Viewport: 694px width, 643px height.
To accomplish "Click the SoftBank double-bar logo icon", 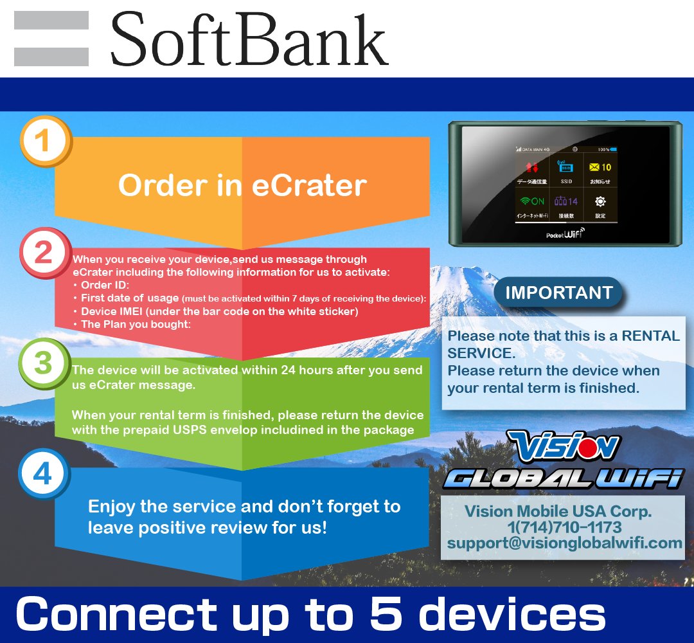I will tap(51, 39).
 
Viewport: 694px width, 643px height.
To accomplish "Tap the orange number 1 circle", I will tap(42, 141).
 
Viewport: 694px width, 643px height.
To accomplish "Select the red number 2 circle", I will tap(43, 252).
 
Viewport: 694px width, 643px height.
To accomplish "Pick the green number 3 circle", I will tap(42, 363).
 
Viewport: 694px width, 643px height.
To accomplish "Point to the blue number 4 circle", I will tap(42, 475).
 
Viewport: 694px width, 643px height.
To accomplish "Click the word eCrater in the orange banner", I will tap(309, 186).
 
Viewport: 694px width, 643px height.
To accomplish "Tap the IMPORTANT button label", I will tap(558, 293).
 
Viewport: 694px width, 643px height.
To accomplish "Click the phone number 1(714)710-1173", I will tap(564, 528).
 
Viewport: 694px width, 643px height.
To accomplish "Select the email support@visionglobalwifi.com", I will tap(565, 543).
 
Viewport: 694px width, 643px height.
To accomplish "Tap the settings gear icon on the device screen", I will tap(600, 201).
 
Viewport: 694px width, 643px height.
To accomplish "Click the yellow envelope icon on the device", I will tap(594, 167).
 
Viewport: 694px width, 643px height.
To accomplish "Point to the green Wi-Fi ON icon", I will tap(532, 201).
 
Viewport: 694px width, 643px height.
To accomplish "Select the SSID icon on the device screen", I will tap(565, 168).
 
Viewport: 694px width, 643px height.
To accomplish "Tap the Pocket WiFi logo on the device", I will tap(565, 234).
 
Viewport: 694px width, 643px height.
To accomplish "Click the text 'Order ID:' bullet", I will tap(105, 285).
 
